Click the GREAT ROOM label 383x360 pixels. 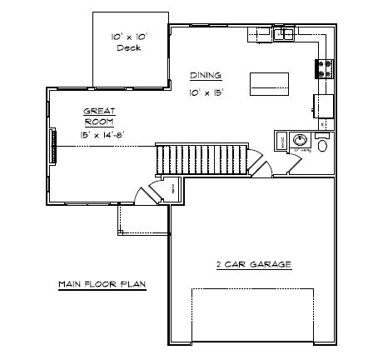coord(98,115)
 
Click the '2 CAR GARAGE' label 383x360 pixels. coord(252,264)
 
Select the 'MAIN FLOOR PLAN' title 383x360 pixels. coord(102,283)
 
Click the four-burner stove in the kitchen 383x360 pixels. coord(323,67)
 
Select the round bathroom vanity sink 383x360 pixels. coord(299,142)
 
